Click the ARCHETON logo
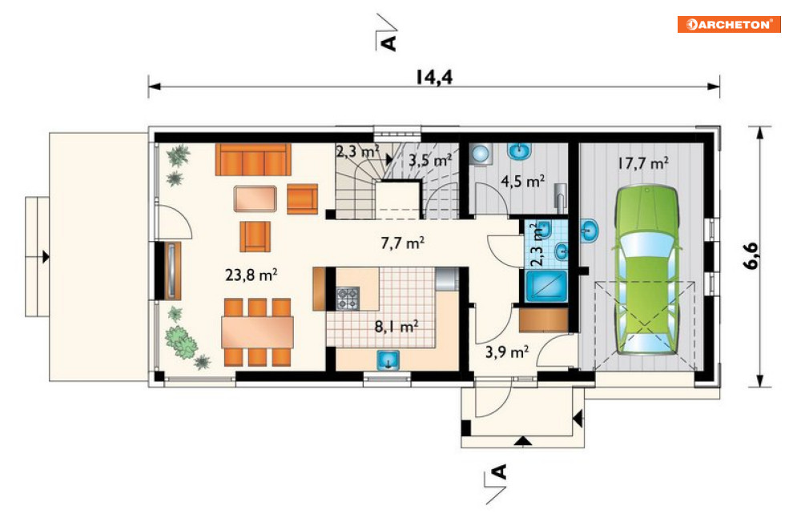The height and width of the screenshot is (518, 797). click(x=729, y=24)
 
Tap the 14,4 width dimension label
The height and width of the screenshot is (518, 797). click(x=433, y=77)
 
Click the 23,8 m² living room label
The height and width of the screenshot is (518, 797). click(x=251, y=275)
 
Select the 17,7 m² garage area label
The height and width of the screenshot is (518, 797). click(x=643, y=163)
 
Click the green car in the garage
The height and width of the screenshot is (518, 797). click(x=646, y=270)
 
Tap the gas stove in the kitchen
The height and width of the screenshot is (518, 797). click(x=348, y=298)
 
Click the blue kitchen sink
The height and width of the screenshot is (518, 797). click(x=388, y=359)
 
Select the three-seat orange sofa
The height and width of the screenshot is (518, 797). click(x=253, y=159)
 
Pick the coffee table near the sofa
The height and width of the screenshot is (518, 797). click(x=256, y=199)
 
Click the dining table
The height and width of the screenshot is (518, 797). click(x=257, y=332)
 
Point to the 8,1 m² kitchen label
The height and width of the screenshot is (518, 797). click(x=396, y=326)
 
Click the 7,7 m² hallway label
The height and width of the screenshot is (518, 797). click(x=403, y=243)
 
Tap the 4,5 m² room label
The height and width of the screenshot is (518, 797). click(x=523, y=181)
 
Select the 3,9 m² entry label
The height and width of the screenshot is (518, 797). click(x=507, y=351)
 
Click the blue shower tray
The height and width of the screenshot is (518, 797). click(x=546, y=286)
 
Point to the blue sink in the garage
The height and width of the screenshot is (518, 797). click(x=589, y=231)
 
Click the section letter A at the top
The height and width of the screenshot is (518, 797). click(x=388, y=43)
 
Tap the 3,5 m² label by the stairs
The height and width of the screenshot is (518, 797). click(x=430, y=160)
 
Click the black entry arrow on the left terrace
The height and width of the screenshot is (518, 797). click(x=46, y=257)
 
